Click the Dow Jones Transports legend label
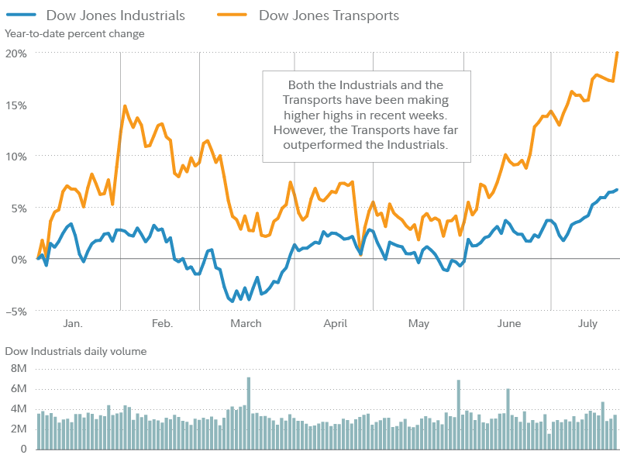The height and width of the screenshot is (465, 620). pos(329,15)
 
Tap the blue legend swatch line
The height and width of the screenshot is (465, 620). pos(21,15)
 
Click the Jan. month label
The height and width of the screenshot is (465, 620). pos(72,323)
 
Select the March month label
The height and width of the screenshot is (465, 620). pos(246,323)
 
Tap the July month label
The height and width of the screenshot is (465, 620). pos(587,323)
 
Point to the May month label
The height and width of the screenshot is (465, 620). pos(418,323)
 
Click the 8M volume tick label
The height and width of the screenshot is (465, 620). pos(19,368)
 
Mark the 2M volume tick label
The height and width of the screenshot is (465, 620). pos(19,429)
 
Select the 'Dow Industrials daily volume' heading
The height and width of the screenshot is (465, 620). pos(76,351)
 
